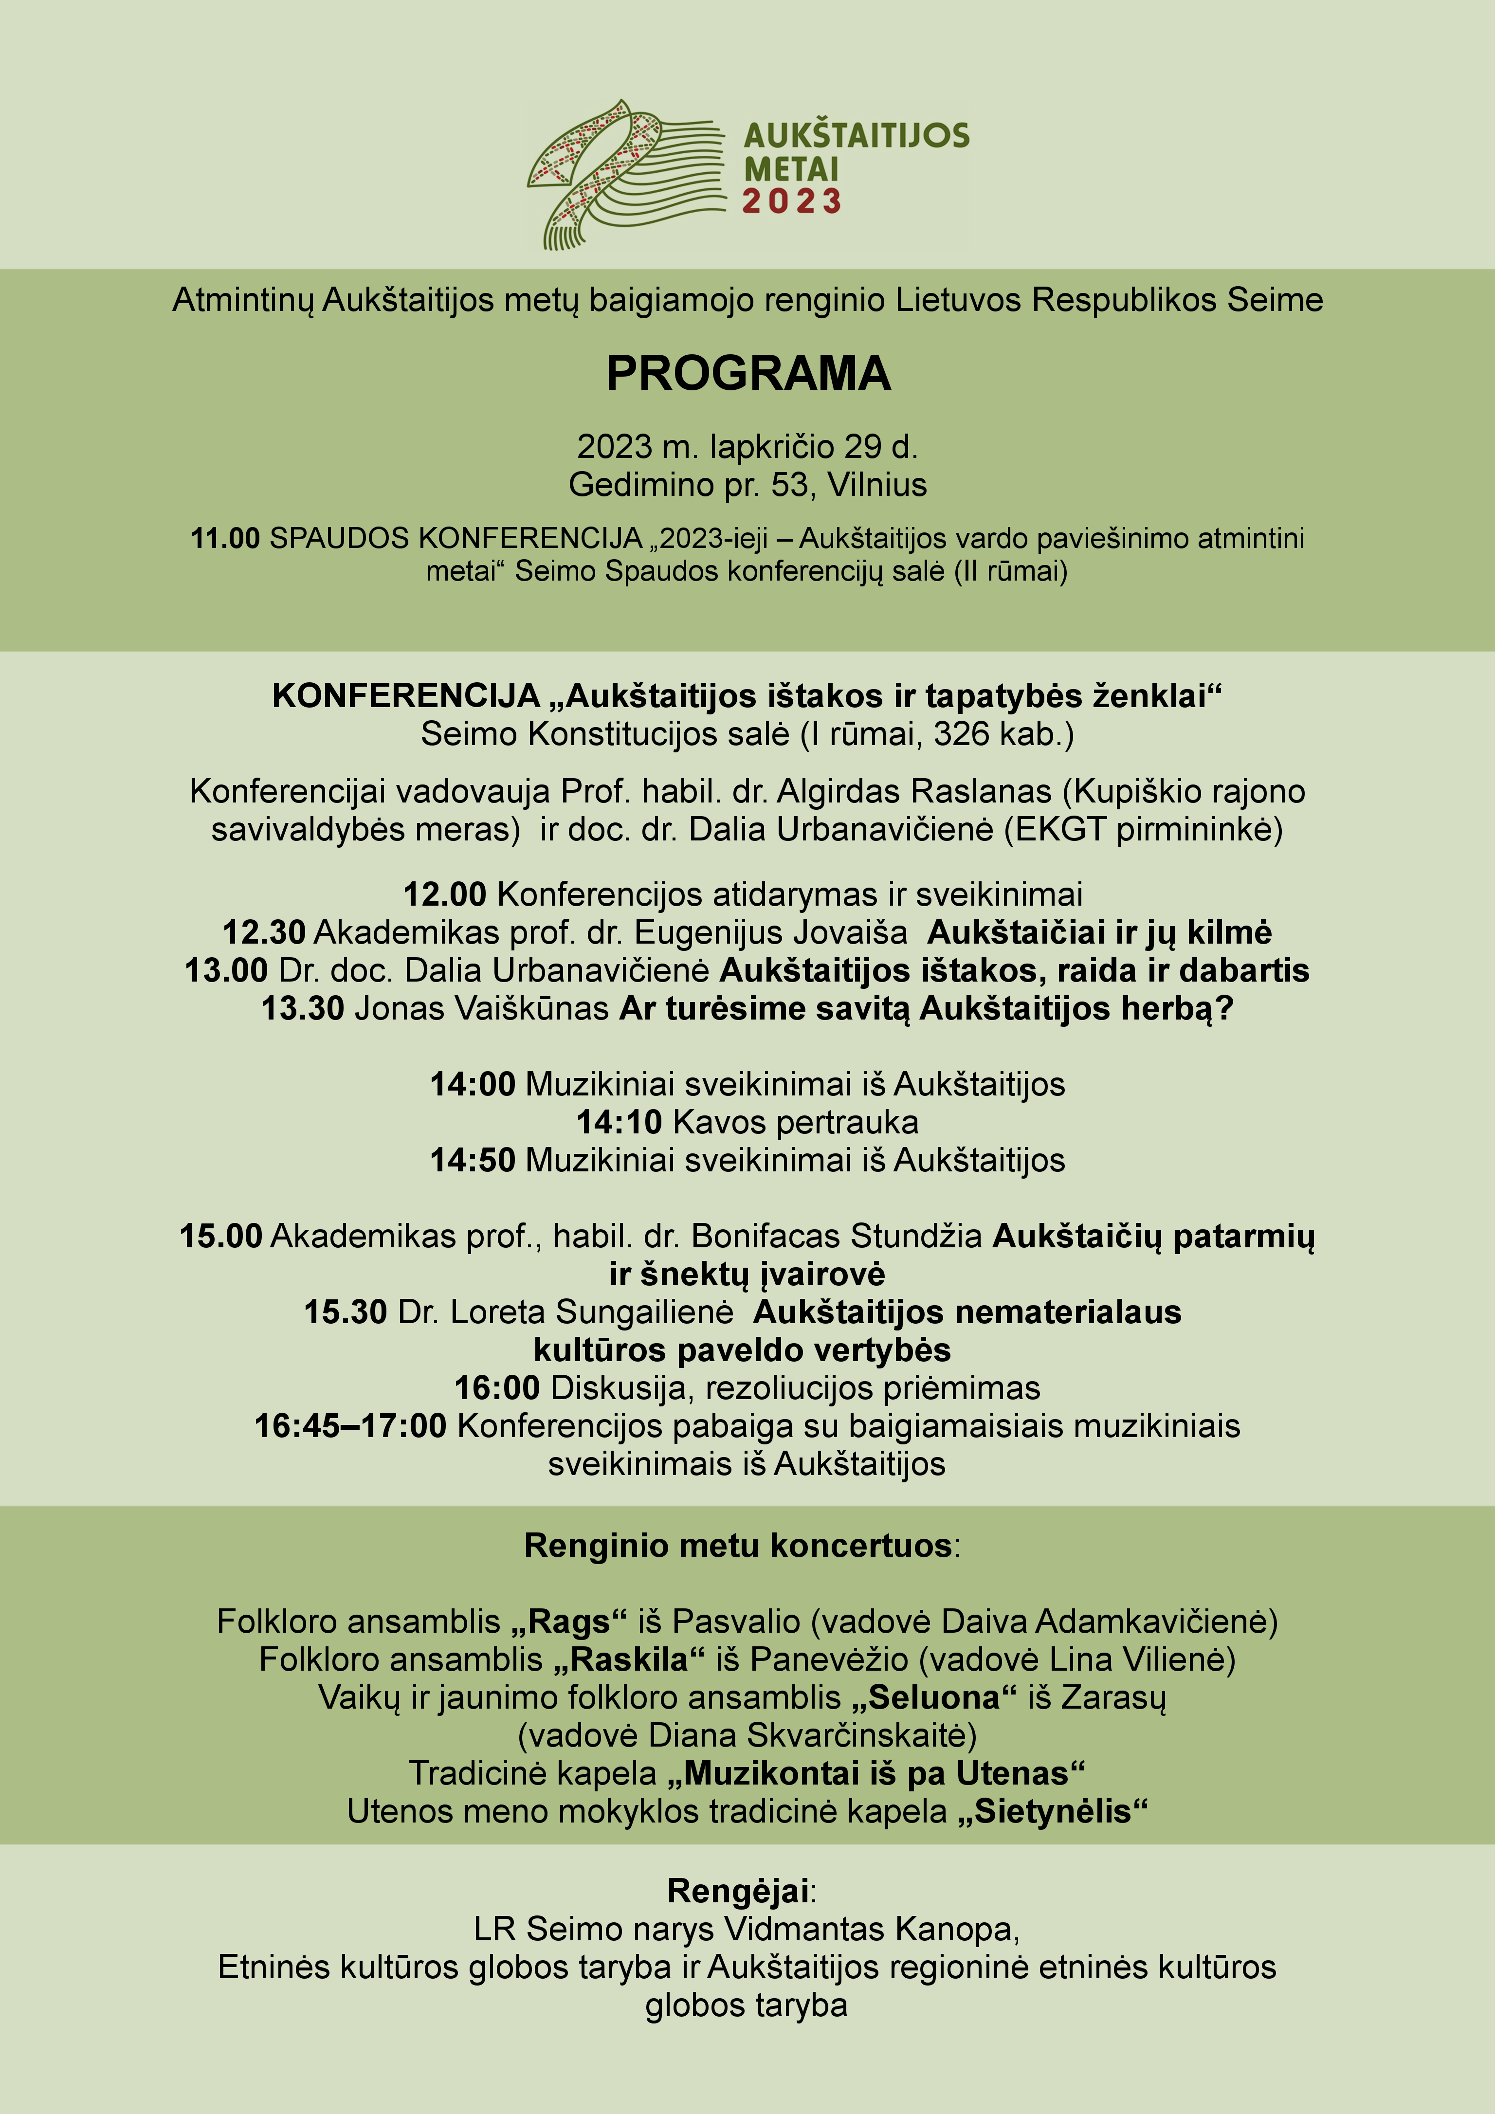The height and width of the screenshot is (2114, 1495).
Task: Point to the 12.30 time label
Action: pyautogui.click(x=264, y=933)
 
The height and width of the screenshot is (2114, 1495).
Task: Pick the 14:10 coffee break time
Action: pyautogui.click(x=619, y=1122)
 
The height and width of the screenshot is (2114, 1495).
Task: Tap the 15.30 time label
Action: pyautogui.click(x=345, y=1312)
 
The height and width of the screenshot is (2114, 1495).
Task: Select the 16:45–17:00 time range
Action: pyautogui.click(x=350, y=1426)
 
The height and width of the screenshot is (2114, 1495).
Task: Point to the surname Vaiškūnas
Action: pyautogui.click(x=531, y=1008)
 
